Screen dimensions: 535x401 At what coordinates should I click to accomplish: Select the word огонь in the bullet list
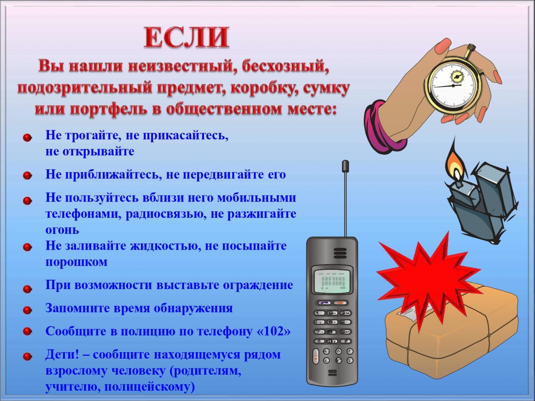(62, 230)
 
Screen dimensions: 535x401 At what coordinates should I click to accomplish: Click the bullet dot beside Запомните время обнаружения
(27, 310)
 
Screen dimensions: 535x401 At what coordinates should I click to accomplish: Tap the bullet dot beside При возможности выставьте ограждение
(27, 289)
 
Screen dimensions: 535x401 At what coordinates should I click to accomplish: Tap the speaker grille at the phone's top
(340, 253)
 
